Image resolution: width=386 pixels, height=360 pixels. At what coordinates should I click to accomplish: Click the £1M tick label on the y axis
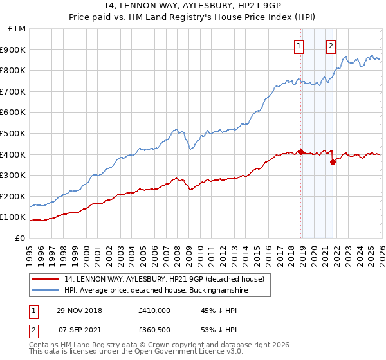[x=17, y=29]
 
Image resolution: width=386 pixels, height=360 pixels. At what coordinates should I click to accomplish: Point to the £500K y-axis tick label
[x=14, y=133]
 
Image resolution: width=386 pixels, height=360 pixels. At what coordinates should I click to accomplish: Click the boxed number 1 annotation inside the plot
[x=300, y=46]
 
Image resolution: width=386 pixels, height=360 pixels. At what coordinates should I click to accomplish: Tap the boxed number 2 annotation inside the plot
[x=331, y=46]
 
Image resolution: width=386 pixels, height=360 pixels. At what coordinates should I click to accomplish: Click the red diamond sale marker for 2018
[x=300, y=152]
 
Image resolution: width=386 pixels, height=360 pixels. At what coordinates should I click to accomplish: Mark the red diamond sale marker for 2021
[x=333, y=163]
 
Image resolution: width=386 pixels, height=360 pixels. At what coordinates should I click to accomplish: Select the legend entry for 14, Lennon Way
[x=164, y=279]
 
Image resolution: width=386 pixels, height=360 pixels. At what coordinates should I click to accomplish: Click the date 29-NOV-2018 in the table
[x=79, y=310]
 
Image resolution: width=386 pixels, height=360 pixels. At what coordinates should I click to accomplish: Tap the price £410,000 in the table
[x=154, y=310]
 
